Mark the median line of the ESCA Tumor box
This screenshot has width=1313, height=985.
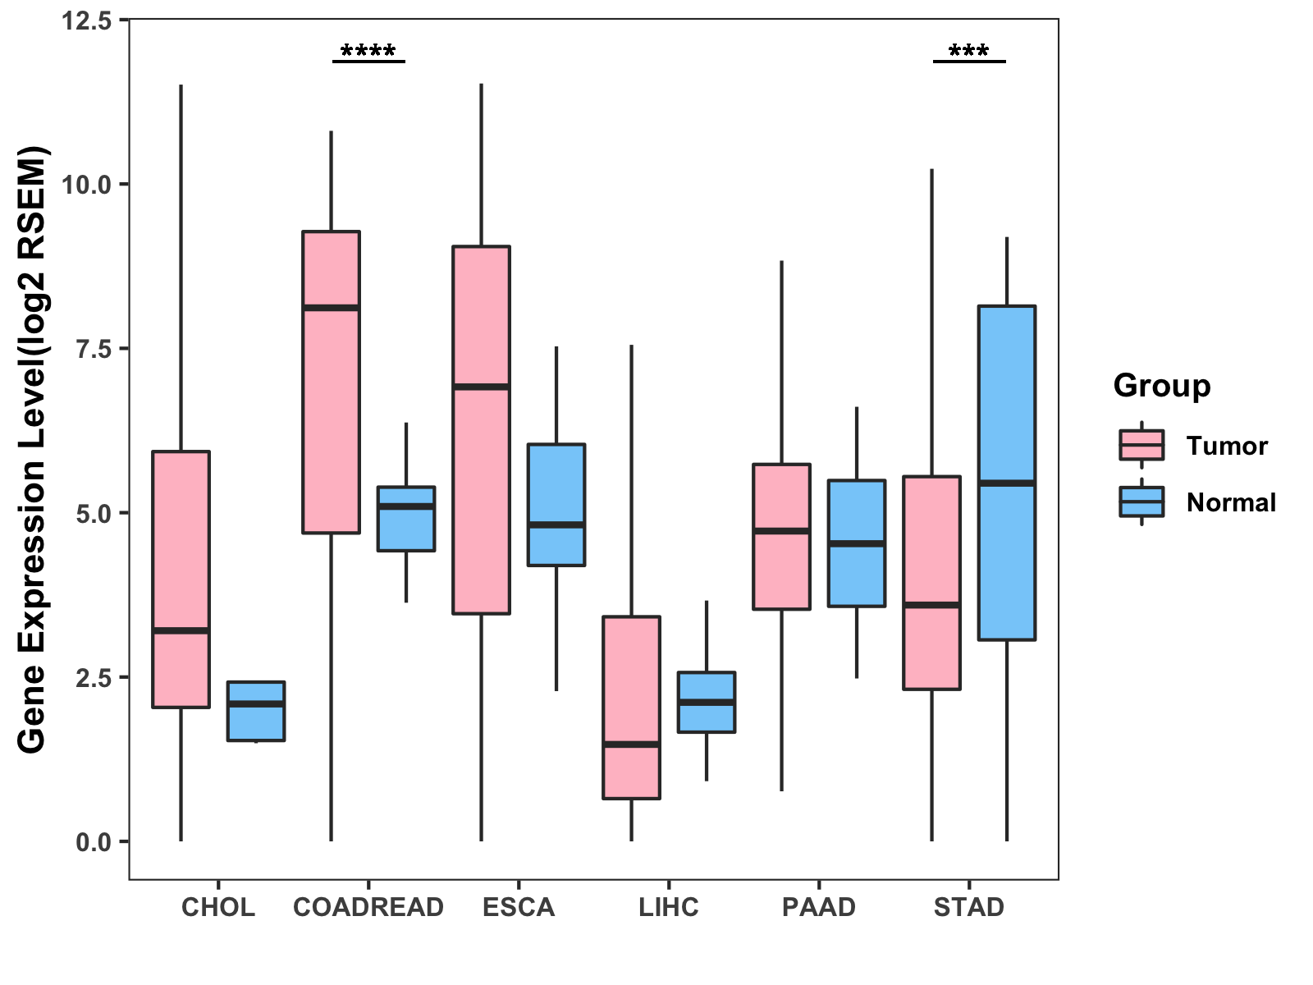pyautogui.click(x=481, y=386)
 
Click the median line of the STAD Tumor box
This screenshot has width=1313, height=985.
pyautogui.click(x=931, y=605)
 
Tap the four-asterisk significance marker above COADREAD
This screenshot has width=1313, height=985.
pyautogui.click(x=368, y=53)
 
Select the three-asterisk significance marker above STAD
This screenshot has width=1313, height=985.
pyautogui.click(x=969, y=53)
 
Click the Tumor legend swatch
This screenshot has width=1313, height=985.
pyautogui.click(x=1141, y=445)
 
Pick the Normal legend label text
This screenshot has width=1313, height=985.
pyautogui.click(x=1231, y=502)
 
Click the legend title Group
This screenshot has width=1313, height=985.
pyautogui.click(x=1162, y=385)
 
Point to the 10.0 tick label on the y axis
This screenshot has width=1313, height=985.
pyautogui.click(x=87, y=184)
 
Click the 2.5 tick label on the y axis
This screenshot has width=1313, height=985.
pyautogui.click(x=93, y=677)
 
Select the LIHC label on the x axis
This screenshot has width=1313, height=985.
pyautogui.click(x=669, y=907)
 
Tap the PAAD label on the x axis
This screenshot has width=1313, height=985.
pyautogui.click(x=819, y=907)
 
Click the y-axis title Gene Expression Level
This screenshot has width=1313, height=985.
pyautogui.click(x=33, y=450)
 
